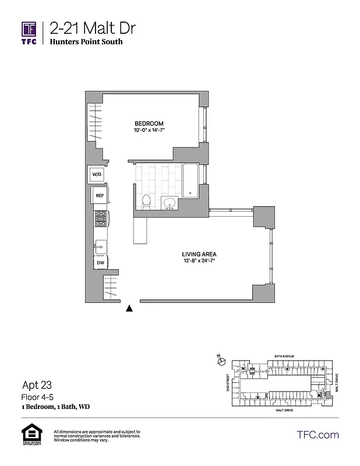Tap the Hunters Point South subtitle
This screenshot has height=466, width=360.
coord(86,43)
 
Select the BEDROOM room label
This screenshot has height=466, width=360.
coord(149,123)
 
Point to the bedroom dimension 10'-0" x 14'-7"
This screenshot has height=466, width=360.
coord(149,130)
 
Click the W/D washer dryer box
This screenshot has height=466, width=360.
coord(97,174)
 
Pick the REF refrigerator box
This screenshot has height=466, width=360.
coord(100,196)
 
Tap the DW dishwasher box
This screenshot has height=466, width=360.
coord(100,263)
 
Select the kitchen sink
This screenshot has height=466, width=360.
coord(101,245)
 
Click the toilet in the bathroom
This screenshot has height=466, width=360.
coord(147,202)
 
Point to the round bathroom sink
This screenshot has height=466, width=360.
coord(170,204)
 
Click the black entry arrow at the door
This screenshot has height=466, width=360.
coord(130,309)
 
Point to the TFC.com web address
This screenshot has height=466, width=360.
coord(318,435)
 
